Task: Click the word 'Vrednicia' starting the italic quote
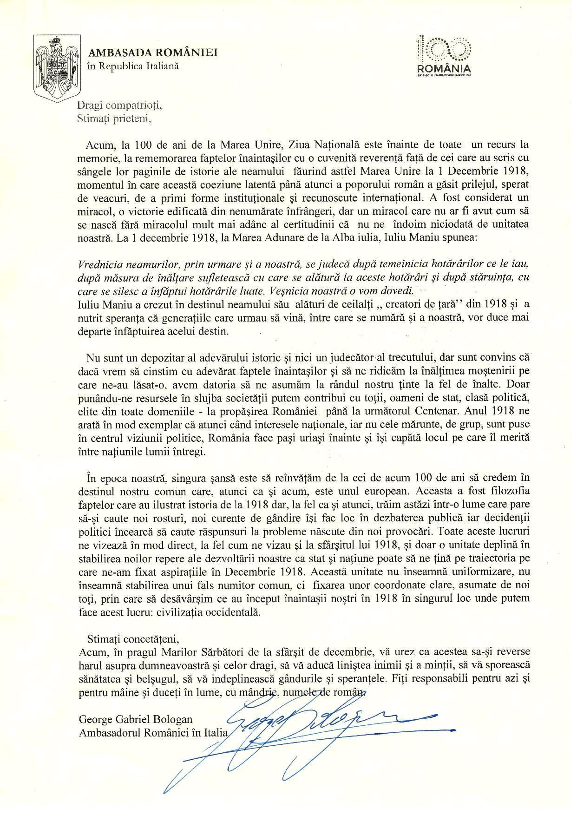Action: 98,265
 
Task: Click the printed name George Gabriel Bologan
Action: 136,720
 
